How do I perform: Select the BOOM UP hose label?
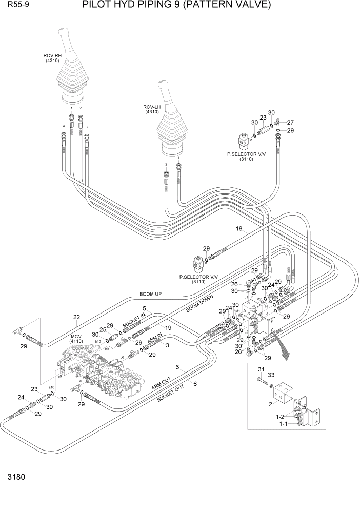(x=150, y=295)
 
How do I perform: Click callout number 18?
(x=238, y=229)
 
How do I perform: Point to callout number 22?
(x=77, y=317)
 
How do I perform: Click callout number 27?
(x=290, y=122)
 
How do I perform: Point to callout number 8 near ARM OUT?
(x=194, y=383)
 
